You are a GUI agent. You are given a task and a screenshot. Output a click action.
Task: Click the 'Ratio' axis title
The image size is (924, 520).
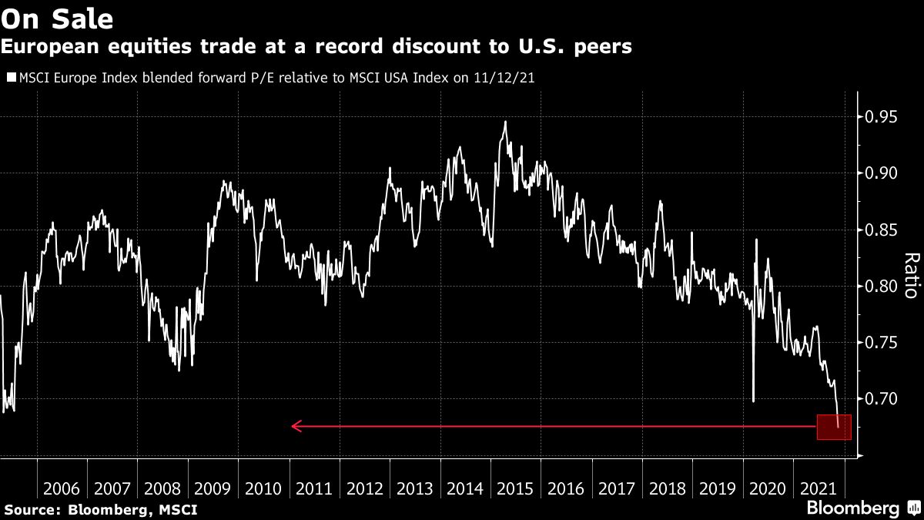tap(910, 275)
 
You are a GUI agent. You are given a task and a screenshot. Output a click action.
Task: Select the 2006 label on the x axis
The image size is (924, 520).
tap(62, 488)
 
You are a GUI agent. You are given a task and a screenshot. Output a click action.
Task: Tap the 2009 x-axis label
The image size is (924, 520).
tap(213, 488)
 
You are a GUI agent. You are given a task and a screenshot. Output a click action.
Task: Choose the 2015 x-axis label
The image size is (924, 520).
tap(516, 488)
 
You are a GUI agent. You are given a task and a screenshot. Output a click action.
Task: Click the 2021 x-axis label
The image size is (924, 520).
tap(819, 488)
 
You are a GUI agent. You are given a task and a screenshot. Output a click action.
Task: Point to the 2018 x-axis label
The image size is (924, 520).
tap(668, 488)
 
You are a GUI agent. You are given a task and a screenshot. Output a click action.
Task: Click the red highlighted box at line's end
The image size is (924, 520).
tap(834, 427)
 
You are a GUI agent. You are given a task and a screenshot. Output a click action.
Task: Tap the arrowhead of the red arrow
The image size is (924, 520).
tap(296, 426)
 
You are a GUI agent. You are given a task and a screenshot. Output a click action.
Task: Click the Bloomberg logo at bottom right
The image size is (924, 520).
tap(852, 508)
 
